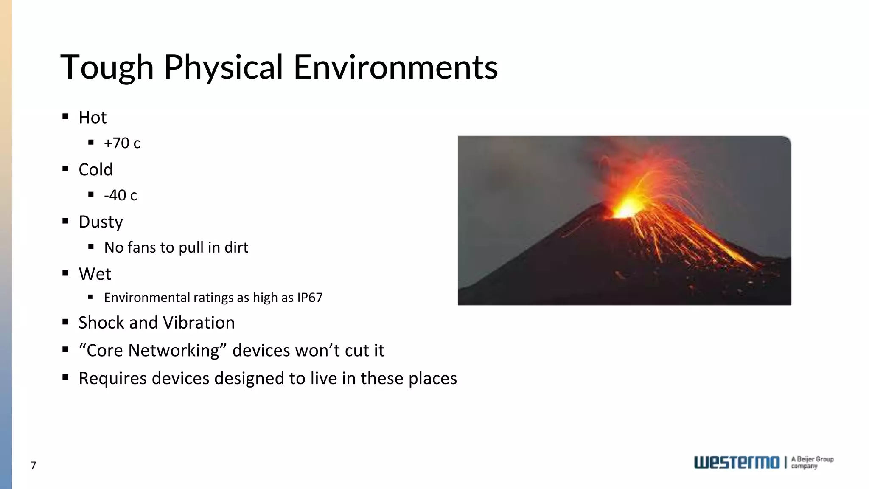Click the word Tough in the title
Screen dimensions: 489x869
point(107,67)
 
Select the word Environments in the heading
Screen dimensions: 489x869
point(395,67)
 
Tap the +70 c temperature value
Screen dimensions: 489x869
point(122,143)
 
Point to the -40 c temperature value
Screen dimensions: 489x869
point(121,195)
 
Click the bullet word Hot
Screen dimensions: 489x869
point(93,118)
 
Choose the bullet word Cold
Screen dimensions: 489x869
point(95,170)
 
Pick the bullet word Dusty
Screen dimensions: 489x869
point(101,222)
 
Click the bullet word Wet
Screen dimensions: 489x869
point(95,274)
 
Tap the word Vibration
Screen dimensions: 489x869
point(199,323)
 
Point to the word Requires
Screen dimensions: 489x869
point(112,378)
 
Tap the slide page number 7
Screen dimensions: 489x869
point(33,466)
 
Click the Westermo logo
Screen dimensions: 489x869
point(737,463)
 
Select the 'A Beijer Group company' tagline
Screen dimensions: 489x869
point(812,463)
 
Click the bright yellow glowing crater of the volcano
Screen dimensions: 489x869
point(626,208)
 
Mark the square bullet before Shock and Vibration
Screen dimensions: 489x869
point(65,322)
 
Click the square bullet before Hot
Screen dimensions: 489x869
point(65,117)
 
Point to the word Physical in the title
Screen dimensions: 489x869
point(223,67)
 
